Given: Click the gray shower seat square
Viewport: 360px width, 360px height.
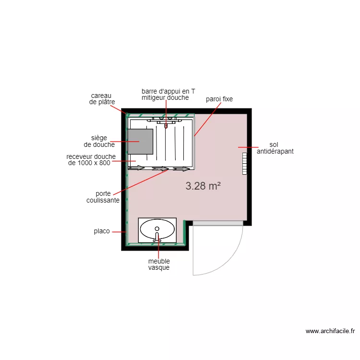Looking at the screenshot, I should click(140, 142).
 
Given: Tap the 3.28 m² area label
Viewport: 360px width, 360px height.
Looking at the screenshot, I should click(203, 186).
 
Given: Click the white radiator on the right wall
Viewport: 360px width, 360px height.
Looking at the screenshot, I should click(244, 163).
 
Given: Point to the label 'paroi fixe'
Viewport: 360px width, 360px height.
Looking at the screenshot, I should click(219, 99).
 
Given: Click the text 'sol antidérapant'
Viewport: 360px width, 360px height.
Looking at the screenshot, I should click(275, 148).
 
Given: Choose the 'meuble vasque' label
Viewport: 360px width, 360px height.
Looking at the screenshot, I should click(159, 264).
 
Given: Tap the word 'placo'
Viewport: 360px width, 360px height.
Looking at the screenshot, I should click(101, 231).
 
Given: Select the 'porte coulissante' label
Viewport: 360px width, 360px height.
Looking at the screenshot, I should click(103, 197).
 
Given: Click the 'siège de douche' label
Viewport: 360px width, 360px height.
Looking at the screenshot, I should click(99, 141).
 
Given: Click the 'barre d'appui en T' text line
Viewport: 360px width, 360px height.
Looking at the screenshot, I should click(168, 91).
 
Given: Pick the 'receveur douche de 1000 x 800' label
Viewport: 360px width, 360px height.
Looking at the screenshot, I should click(91, 159).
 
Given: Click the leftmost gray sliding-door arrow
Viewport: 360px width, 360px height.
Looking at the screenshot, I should click(136, 168).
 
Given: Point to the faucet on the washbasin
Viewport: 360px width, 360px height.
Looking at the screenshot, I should click(157, 236).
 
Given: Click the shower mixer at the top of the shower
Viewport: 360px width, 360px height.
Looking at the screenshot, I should click(166, 124).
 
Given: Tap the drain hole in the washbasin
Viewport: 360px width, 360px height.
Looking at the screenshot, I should click(157, 228).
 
